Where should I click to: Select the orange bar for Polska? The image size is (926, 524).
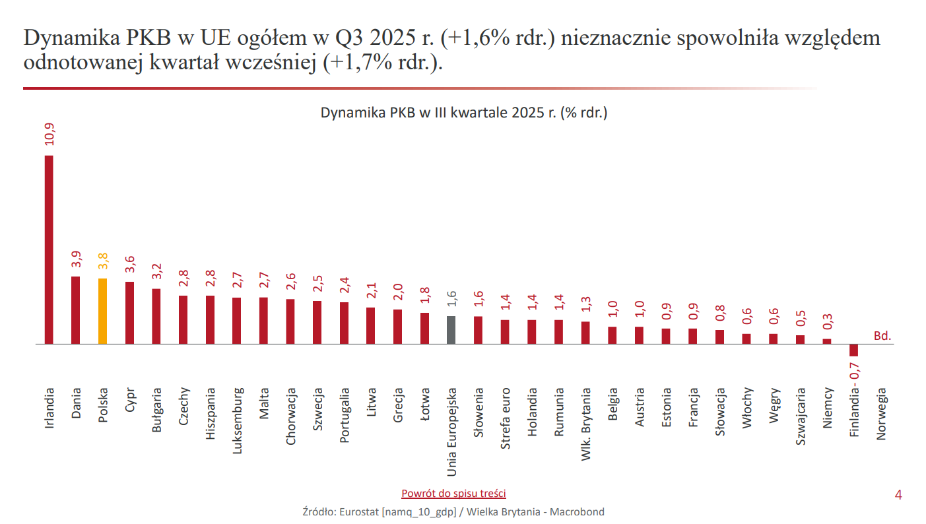(102, 311)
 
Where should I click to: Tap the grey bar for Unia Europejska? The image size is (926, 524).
(451, 330)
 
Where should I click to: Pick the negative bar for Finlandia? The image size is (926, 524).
(853, 350)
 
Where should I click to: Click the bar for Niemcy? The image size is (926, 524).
(826, 341)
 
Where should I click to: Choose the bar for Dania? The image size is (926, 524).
(76, 310)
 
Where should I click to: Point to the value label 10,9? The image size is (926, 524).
(50, 135)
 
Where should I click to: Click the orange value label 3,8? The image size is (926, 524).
(103, 261)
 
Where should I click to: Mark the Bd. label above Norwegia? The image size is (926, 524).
(882, 336)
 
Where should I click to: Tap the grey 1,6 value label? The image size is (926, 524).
(451, 299)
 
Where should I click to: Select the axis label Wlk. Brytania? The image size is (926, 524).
(586, 424)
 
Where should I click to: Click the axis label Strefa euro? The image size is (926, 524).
(506, 418)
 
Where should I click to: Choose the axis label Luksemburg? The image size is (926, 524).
(237, 420)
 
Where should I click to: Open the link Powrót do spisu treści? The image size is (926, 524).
(453, 493)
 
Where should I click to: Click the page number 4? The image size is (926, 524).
(898, 495)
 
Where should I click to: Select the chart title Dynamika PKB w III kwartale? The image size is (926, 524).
(463, 112)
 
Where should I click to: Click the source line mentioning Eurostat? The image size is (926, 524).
(453, 511)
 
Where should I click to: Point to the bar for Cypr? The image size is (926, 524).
(129, 313)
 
